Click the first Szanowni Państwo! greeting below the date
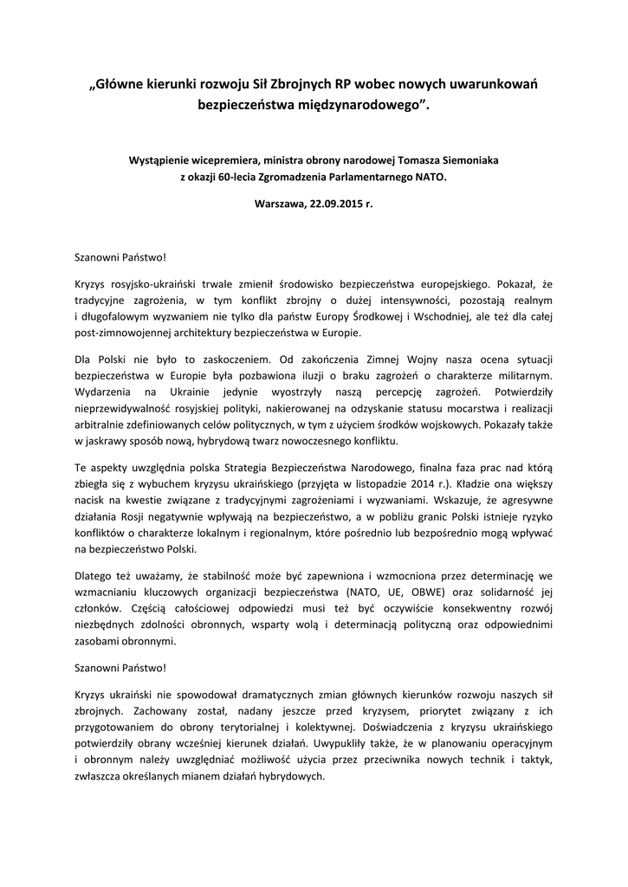(119, 257)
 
